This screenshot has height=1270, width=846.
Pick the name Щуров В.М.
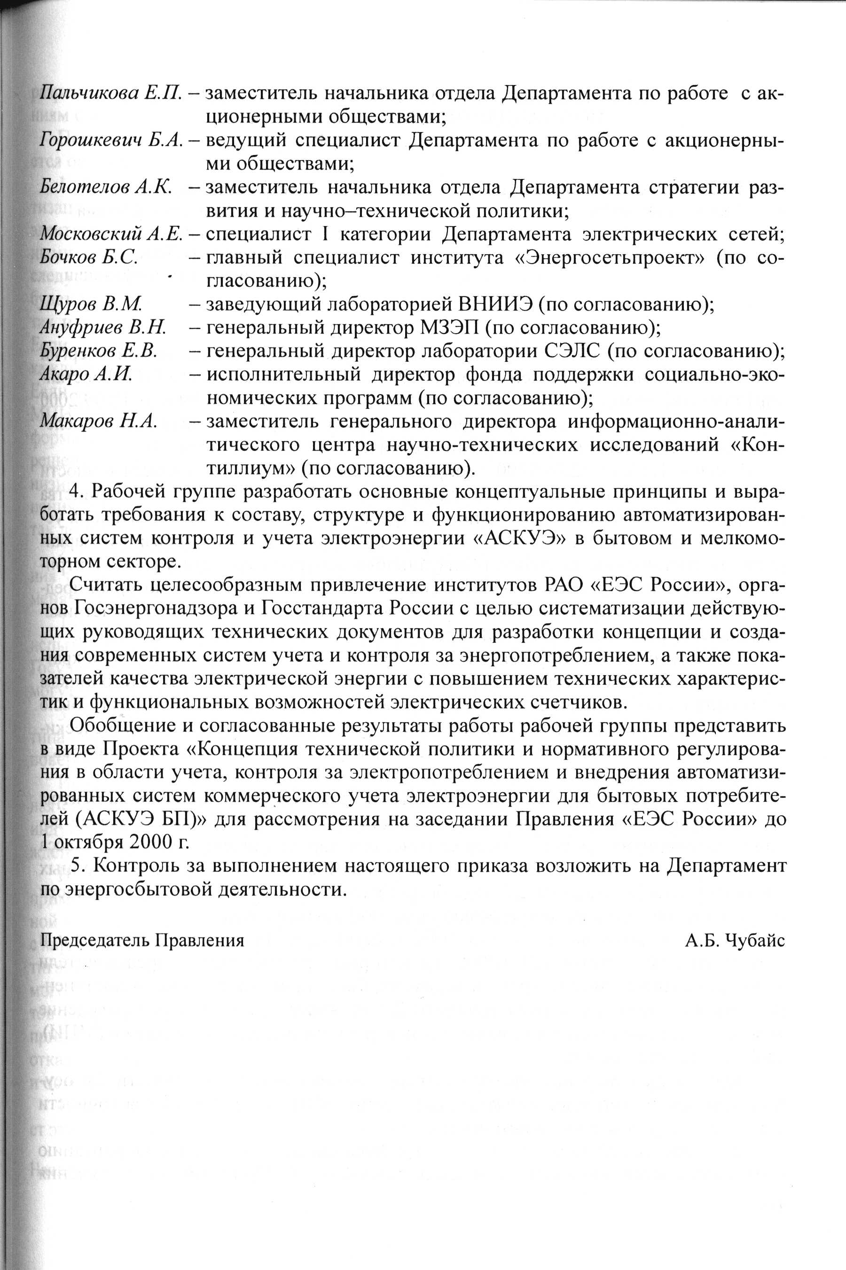(x=91, y=304)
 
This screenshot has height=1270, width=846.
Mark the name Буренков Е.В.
(x=99, y=351)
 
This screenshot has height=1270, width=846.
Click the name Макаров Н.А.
(x=99, y=421)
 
